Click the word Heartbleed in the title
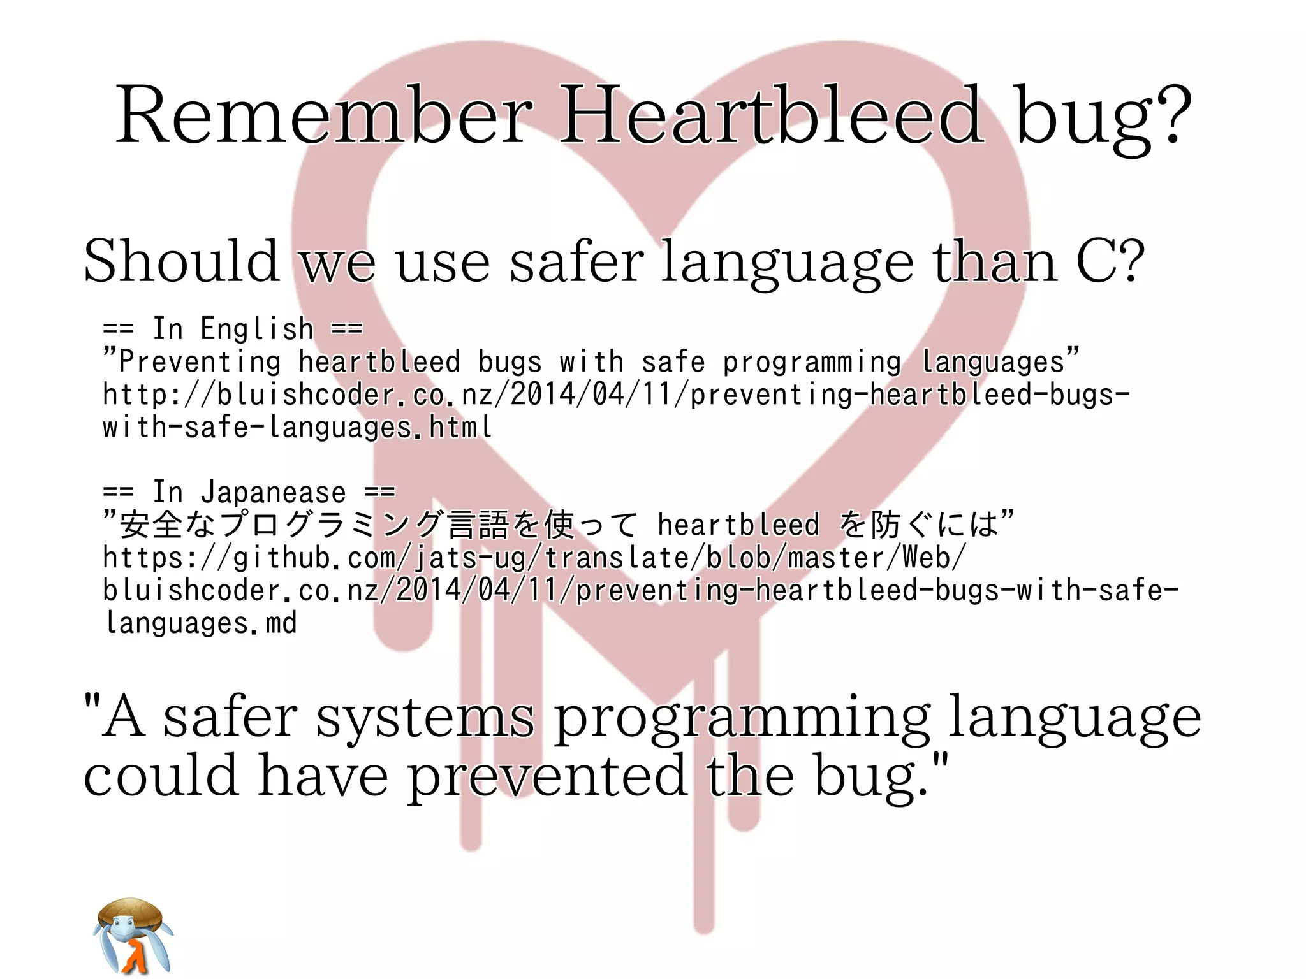[x=772, y=116]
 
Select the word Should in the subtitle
[x=182, y=261]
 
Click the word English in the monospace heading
[x=257, y=330]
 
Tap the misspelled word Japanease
[x=273, y=493]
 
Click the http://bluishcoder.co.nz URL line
[x=615, y=395]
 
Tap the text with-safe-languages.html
[x=297, y=427]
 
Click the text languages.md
[x=201, y=623]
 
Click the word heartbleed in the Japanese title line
[x=738, y=525]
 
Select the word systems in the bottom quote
[x=425, y=718]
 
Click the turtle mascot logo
[x=133, y=936]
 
